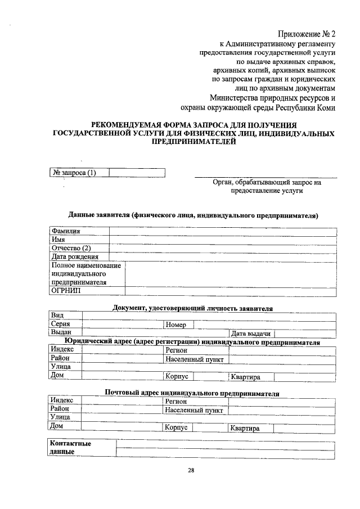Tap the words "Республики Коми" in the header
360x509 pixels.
point(307,107)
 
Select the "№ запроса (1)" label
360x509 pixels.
point(74,173)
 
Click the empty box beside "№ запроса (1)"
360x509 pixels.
point(137,173)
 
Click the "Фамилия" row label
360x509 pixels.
point(66,231)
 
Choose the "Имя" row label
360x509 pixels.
point(58,240)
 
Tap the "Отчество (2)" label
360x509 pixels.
point(71,248)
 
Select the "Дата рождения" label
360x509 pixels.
point(75,256)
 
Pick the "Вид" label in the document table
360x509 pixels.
point(56,316)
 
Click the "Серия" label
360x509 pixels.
point(60,325)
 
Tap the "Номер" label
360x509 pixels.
point(175,325)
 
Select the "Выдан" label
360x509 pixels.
point(61,333)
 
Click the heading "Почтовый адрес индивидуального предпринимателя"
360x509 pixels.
point(192,393)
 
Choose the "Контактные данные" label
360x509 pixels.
point(71,448)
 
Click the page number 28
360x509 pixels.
point(191,470)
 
